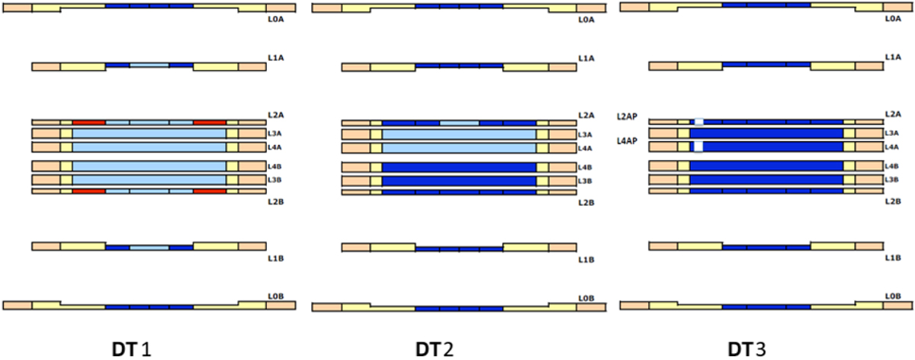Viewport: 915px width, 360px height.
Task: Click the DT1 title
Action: coord(131,350)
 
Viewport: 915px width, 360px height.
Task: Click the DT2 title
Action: coord(435,350)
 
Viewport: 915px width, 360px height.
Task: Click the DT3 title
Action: coord(746,350)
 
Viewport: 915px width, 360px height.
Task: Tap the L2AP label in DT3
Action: coord(627,117)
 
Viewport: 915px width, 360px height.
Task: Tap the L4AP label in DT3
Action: coord(627,141)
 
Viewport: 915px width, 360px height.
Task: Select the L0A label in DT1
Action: coord(276,19)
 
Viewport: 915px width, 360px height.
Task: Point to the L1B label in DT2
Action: coord(586,260)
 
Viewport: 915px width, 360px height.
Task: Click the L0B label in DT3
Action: coord(893,296)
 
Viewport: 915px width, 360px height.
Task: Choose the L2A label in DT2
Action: coord(586,116)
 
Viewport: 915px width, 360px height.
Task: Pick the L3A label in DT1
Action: coord(274,133)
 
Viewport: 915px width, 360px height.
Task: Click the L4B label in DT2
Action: coord(585,168)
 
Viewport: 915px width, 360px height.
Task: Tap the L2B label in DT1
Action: coord(276,202)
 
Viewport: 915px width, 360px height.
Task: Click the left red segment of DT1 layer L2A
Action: coord(89,123)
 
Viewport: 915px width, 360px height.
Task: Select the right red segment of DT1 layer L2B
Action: coord(210,191)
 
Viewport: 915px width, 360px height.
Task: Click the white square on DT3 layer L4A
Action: coord(698,146)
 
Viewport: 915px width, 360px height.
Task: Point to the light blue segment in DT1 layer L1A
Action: coord(149,66)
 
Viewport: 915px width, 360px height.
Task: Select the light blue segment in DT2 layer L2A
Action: coord(459,123)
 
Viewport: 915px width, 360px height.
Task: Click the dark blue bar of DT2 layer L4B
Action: coord(459,167)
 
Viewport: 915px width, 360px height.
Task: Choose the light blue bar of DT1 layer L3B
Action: coord(149,180)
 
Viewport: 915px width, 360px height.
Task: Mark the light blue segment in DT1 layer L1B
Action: coord(149,248)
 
